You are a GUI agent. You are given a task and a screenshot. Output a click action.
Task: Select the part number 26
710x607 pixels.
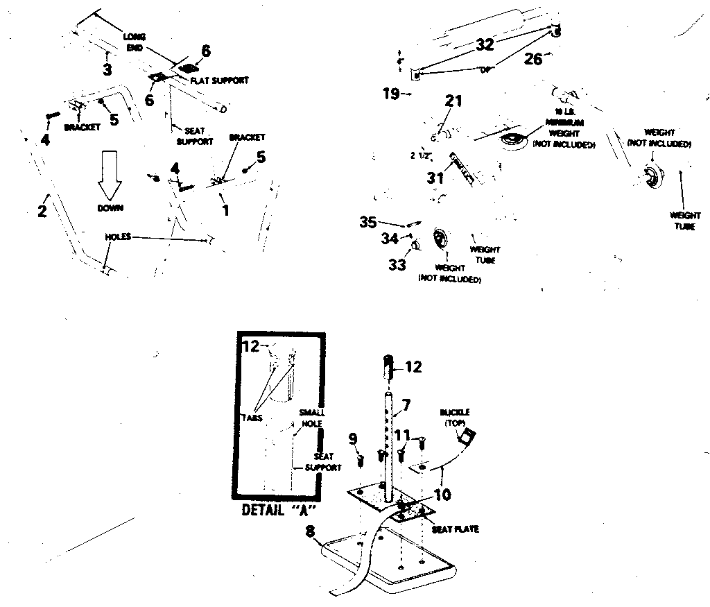[x=532, y=59]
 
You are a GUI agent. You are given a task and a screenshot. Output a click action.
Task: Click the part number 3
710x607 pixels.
[x=107, y=69]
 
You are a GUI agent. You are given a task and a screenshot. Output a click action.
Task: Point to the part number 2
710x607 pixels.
[x=42, y=211]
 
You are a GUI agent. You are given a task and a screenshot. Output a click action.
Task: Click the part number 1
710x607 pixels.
[x=225, y=209]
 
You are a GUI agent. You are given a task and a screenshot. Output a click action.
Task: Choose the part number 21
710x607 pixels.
[x=453, y=102]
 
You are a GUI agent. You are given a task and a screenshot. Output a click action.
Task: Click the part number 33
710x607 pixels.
[x=397, y=264]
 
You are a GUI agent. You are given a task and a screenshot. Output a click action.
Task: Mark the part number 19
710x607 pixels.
[x=390, y=92]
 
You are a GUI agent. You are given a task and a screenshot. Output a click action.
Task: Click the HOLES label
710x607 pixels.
[x=117, y=237]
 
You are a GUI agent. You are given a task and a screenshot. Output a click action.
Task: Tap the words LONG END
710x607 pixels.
[x=134, y=41]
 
